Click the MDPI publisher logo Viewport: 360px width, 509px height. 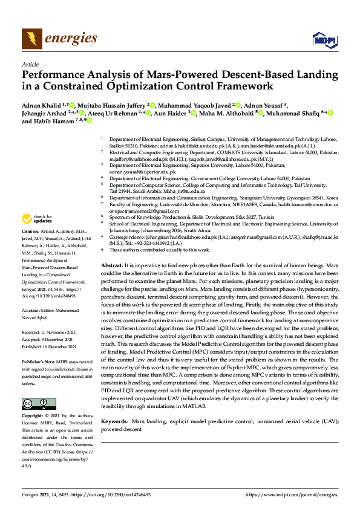324,39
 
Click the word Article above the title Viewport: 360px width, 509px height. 30,65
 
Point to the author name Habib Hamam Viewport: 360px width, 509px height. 57,121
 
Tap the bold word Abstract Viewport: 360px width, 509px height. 112,265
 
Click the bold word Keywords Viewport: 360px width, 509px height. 114,420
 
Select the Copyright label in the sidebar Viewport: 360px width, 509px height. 33,417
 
